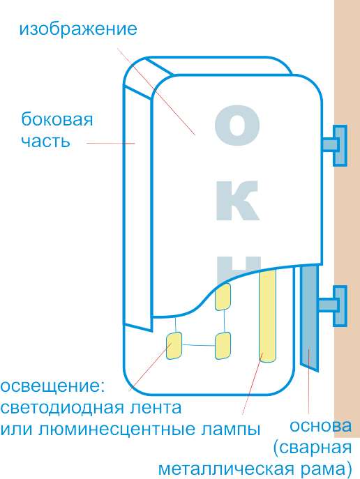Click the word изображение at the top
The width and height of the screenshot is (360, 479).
click(x=78, y=29)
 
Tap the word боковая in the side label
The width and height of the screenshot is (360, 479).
click(x=57, y=119)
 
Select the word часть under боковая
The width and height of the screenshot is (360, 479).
click(x=45, y=142)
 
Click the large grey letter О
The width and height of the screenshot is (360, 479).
click(x=237, y=126)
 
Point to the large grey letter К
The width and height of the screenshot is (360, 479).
click(x=238, y=200)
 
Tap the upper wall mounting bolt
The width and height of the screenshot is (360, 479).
click(x=335, y=146)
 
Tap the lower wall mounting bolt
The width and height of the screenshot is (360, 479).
click(x=333, y=305)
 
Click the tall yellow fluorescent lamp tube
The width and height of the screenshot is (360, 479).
click(x=268, y=314)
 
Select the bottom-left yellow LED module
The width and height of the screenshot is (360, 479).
click(x=174, y=346)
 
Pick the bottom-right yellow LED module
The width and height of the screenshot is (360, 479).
click(x=223, y=346)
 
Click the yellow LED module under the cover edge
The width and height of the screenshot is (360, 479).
click(x=223, y=297)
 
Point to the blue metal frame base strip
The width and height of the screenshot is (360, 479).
click(x=309, y=318)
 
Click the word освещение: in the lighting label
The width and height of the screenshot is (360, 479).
click(x=52, y=387)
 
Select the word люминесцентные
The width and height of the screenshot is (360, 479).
click(x=117, y=430)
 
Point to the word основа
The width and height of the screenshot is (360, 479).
click(x=320, y=426)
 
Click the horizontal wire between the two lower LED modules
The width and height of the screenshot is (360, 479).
click(x=199, y=345)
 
